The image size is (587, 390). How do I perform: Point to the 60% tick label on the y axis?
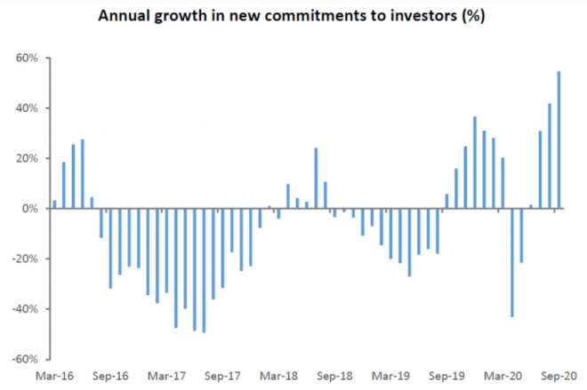tap(26, 59)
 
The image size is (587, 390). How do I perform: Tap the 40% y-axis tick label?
tap(26, 108)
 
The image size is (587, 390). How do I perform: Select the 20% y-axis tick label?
tap(26, 159)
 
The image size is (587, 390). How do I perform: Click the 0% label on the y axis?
tap(28, 209)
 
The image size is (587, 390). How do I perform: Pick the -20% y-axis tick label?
tap(24, 259)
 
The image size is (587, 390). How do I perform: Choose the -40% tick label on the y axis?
tap(24, 309)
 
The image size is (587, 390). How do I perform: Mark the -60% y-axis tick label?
tap(24, 360)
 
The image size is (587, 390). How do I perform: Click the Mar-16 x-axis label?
tap(54, 376)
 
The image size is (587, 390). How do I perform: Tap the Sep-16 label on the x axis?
tap(110, 376)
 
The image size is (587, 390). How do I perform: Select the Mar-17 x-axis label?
tap(167, 376)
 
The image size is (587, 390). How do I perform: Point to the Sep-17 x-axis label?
tap(223, 376)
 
